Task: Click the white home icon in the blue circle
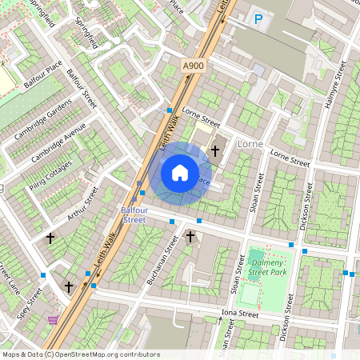180,173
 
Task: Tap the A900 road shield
193,66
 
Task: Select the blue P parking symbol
258,19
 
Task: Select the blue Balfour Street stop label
134,214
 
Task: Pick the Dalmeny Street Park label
267,268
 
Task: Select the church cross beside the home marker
214,150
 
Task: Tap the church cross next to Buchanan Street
190,237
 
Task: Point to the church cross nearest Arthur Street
50,238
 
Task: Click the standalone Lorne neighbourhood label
250,143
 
